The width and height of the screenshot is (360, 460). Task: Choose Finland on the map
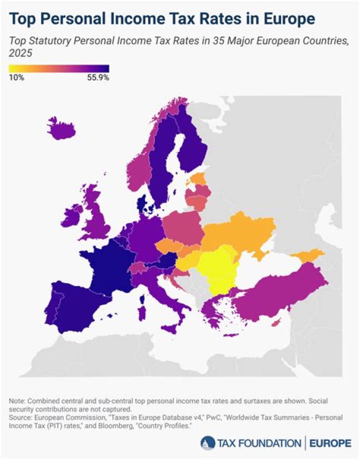pos(192,145)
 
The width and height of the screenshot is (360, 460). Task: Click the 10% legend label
pos(16,77)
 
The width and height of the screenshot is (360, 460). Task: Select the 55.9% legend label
pos(98,77)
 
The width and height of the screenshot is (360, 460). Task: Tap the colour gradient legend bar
pos(59,69)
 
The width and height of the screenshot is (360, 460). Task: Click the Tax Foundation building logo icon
pos(206,443)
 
